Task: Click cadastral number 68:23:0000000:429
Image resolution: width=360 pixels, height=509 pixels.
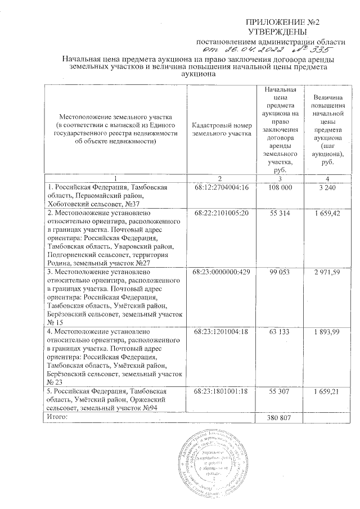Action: pyautogui.click(x=220, y=272)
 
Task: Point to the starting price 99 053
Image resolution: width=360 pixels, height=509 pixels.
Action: pyautogui.click(x=280, y=272)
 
